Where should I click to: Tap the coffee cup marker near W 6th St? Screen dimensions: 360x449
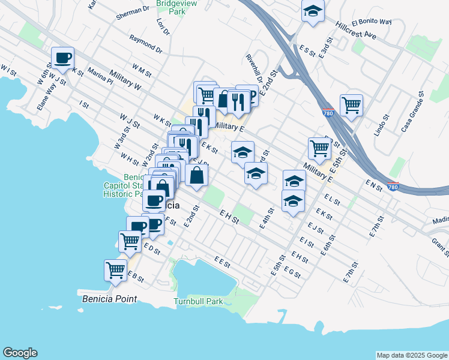point(62,59)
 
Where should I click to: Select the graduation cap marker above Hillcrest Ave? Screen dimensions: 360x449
point(313,12)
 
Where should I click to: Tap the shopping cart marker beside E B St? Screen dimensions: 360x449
point(115,270)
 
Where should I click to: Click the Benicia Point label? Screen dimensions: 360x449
point(109,299)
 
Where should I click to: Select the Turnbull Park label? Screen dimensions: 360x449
point(198,301)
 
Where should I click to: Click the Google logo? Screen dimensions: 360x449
point(20,353)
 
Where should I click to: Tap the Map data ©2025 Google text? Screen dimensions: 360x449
point(411,355)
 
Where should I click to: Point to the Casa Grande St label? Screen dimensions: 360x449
point(413,112)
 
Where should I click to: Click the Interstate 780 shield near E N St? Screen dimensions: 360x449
point(393,187)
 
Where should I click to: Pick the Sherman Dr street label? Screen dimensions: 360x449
point(133,10)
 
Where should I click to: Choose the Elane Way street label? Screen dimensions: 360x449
point(43,95)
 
